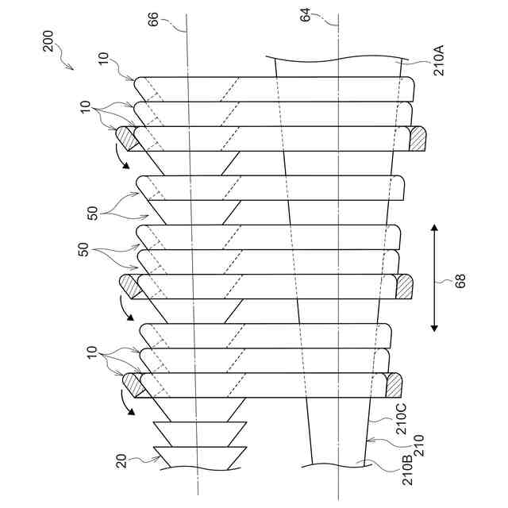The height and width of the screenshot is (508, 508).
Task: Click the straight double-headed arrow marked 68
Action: (x=435, y=279)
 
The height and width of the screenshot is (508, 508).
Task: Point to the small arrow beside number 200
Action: (x=66, y=64)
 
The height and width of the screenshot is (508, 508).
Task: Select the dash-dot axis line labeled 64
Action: (x=339, y=238)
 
